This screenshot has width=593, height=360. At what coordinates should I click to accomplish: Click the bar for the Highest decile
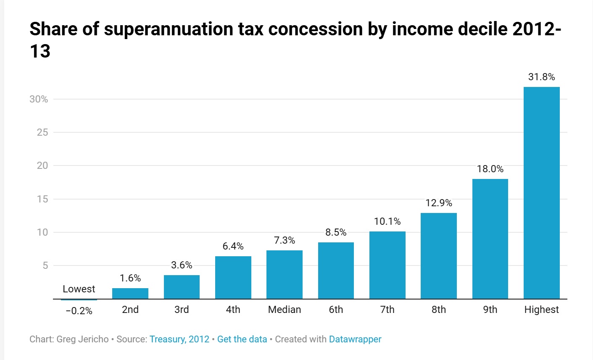[541, 193]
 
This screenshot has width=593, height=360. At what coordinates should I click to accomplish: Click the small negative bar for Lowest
[79, 300]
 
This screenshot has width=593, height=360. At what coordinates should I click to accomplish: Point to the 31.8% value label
[541, 77]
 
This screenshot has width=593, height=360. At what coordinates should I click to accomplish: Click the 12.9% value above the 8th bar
[439, 203]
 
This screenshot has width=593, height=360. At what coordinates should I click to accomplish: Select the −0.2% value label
[79, 311]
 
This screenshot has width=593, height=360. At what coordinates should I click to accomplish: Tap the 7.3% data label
[285, 240]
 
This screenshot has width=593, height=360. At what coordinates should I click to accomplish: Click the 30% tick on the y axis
[39, 99]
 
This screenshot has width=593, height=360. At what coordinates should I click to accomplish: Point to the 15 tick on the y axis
[42, 199]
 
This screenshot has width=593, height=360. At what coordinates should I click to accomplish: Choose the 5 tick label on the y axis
[45, 265]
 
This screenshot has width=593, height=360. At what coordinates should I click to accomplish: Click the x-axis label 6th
[336, 310]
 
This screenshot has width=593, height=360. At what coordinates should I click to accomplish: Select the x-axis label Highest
[541, 310]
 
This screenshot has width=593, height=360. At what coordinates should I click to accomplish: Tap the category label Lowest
[79, 289]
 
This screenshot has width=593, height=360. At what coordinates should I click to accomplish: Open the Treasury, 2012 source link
[179, 339]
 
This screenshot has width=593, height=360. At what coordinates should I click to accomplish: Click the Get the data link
[242, 339]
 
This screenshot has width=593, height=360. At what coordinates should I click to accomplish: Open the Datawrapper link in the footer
[355, 339]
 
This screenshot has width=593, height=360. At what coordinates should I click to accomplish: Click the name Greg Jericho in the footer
[82, 339]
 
